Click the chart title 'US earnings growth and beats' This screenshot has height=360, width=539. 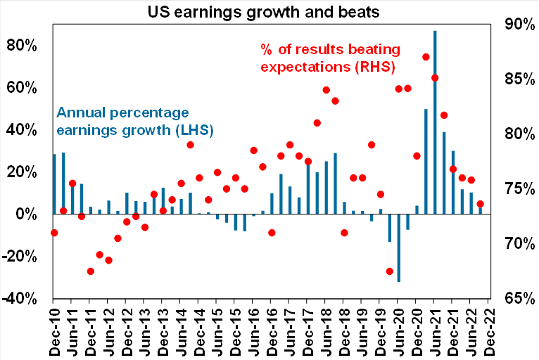(269, 11)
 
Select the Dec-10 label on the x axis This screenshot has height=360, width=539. (55, 330)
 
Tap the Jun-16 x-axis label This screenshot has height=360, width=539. (254, 330)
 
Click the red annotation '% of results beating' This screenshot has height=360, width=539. (330, 50)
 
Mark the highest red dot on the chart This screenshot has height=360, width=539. (426, 57)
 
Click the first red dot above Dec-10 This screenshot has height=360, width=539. (54, 233)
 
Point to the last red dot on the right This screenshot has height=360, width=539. (481, 204)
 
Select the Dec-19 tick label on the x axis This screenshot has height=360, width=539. (381, 330)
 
